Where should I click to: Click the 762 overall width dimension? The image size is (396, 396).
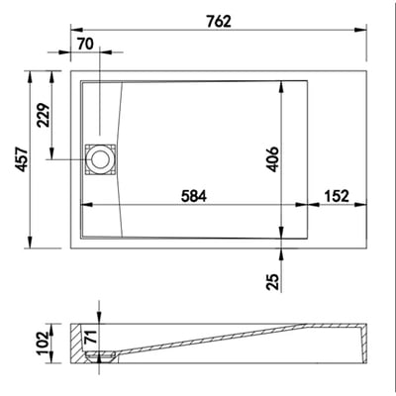tap(219, 22)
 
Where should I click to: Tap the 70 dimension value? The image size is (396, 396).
tap(85, 45)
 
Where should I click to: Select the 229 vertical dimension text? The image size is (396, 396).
tap(44, 115)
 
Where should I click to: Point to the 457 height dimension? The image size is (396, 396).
tap(22, 159)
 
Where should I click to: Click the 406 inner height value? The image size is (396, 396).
tap(272, 159)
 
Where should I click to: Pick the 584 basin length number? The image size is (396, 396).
tap(194, 196)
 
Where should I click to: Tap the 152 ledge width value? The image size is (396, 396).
tap(337, 196)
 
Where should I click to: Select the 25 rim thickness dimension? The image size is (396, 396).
tap(273, 282)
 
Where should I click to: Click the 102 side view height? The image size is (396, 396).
tap(44, 344)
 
